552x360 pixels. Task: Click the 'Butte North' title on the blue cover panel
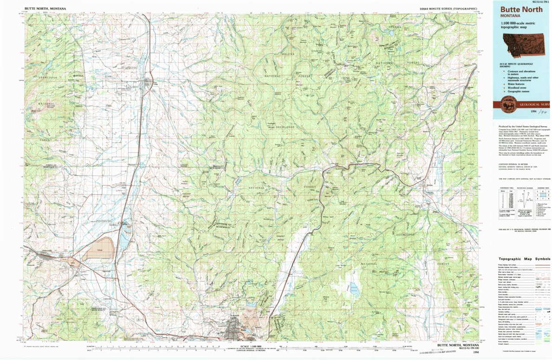520,9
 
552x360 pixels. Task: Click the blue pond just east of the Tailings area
124,239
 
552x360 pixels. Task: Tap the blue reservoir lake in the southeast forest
355,290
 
